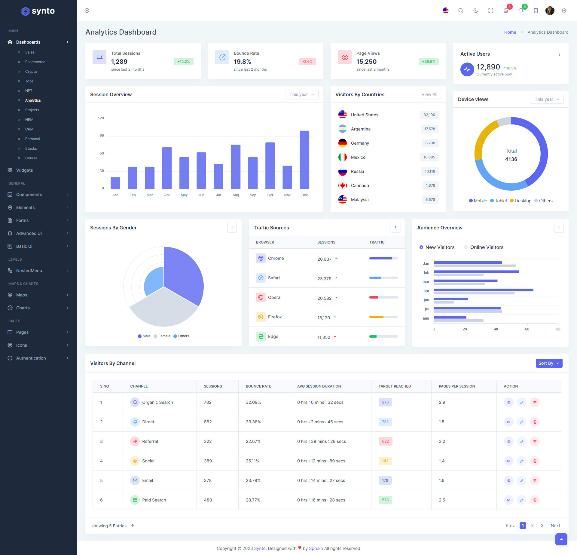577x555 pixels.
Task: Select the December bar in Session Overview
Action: [304, 160]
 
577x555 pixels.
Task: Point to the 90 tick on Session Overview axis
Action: [102, 136]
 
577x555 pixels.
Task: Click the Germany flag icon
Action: [342, 143]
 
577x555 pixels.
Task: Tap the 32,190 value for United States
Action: [429, 115]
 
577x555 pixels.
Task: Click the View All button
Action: [429, 94]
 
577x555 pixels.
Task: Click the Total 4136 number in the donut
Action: [511, 159]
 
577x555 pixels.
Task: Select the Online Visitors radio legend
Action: [484, 247]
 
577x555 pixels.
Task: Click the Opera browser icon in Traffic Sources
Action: [261, 297]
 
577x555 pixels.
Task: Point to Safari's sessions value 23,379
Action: [324, 279]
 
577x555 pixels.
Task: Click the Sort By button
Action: [549, 363]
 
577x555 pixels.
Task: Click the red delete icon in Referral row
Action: [535, 441]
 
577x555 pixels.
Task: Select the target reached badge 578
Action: [385, 500]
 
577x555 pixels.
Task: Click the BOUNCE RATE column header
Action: [258, 386]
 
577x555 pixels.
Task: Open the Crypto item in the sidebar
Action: [31, 72]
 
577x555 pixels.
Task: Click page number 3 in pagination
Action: [542, 526]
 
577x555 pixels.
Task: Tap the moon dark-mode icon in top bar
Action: [476, 11]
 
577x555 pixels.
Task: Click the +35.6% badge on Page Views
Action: [429, 62]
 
